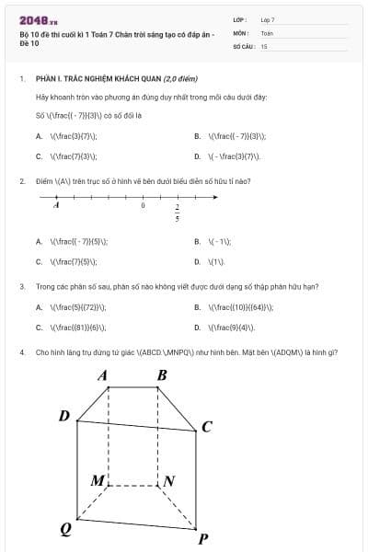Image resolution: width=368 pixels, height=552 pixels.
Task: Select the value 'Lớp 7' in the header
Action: [x=268, y=19]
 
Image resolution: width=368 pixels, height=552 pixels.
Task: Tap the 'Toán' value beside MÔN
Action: [x=267, y=32]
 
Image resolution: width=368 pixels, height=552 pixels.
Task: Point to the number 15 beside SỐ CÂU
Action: [x=264, y=45]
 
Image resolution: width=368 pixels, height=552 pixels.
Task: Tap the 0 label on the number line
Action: [x=143, y=206]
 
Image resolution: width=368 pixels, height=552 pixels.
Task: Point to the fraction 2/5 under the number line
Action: [x=177, y=213]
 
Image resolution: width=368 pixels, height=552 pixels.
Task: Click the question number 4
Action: [x=21, y=352]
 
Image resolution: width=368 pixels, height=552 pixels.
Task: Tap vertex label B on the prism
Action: [x=162, y=375]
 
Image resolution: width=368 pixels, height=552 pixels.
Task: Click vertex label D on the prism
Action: [x=64, y=416]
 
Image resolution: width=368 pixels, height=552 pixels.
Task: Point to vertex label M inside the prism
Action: [x=98, y=480]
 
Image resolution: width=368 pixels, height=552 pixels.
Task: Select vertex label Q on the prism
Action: [x=65, y=528]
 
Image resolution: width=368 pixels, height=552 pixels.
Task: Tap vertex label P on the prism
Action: [x=202, y=538]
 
